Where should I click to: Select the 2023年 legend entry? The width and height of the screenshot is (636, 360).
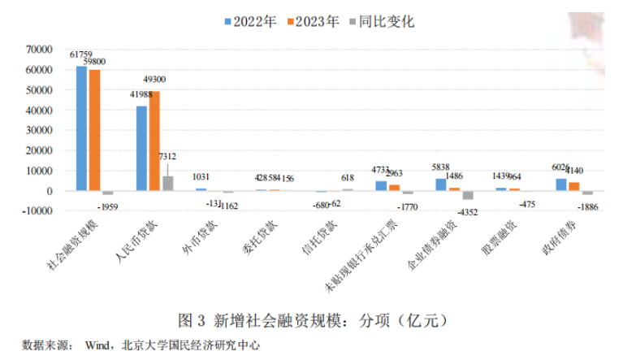pyautogui.click(x=312, y=22)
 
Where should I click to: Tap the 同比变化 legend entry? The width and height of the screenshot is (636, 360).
pyautogui.click(x=378, y=22)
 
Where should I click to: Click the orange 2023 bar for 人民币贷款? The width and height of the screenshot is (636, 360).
pyautogui.click(x=154, y=141)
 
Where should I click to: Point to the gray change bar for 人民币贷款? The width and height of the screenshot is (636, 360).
pyautogui.click(x=167, y=184)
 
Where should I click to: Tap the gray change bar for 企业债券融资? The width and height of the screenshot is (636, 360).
pyautogui.click(x=468, y=195)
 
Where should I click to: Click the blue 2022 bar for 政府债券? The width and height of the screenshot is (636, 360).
pyautogui.click(x=560, y=184)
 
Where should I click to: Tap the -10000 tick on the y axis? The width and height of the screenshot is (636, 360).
pyautogui.click(x=37, y=210)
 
